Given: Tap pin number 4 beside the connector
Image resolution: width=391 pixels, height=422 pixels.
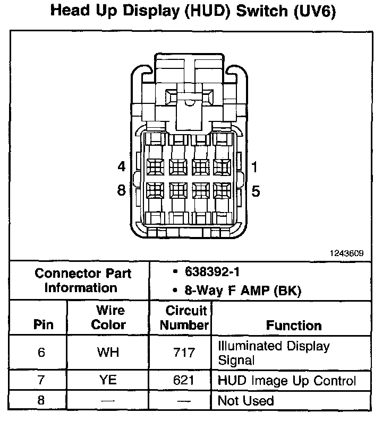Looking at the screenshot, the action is point(122,167).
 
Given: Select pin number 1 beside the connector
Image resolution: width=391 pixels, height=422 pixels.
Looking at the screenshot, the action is point(254,168).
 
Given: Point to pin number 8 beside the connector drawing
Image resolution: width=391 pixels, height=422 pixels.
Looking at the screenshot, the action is point(122,190).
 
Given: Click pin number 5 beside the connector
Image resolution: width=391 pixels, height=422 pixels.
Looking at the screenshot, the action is point(256,191).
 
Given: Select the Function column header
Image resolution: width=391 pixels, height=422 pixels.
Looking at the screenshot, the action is point(294,325).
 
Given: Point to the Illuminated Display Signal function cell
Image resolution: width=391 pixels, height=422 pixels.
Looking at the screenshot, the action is point(274,353).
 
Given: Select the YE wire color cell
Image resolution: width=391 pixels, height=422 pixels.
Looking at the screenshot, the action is point(108,380).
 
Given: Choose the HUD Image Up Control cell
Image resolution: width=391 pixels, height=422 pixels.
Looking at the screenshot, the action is point(286,380).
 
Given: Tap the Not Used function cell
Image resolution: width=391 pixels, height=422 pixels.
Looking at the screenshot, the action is point(245,400).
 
